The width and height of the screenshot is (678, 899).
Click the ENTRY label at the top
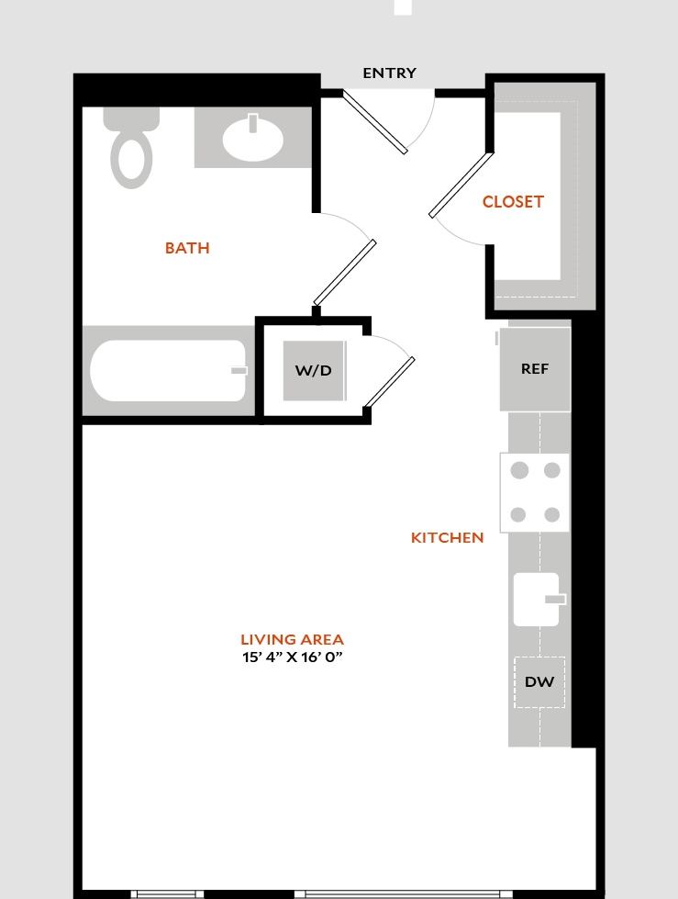pos(389,73)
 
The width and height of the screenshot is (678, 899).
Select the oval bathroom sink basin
pos(252,139)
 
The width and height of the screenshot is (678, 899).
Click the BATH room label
pos(187,248)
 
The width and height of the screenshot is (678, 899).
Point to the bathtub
pos(167,371)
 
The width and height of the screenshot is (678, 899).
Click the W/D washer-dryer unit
pos(314,371)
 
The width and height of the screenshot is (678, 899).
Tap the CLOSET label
pos(513,202)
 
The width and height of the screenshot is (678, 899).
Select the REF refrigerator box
pos(535,369)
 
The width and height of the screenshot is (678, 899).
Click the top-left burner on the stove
pos(519,471)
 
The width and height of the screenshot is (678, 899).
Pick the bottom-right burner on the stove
pos(551,515)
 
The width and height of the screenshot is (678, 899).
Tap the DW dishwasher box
pos(539,682)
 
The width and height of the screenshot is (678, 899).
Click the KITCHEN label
pos(447,538)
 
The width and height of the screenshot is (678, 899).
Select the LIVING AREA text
pos(292,639)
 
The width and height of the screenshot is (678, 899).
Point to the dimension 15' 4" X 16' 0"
pos(292,657)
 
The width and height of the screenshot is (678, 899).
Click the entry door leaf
pos(375,121)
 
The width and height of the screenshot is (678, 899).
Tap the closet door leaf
pos(461,185)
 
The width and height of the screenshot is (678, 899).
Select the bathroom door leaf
pos(345,273)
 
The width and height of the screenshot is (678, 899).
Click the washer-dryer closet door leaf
pos(389,382)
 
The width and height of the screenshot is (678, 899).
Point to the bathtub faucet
pos(239,371)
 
